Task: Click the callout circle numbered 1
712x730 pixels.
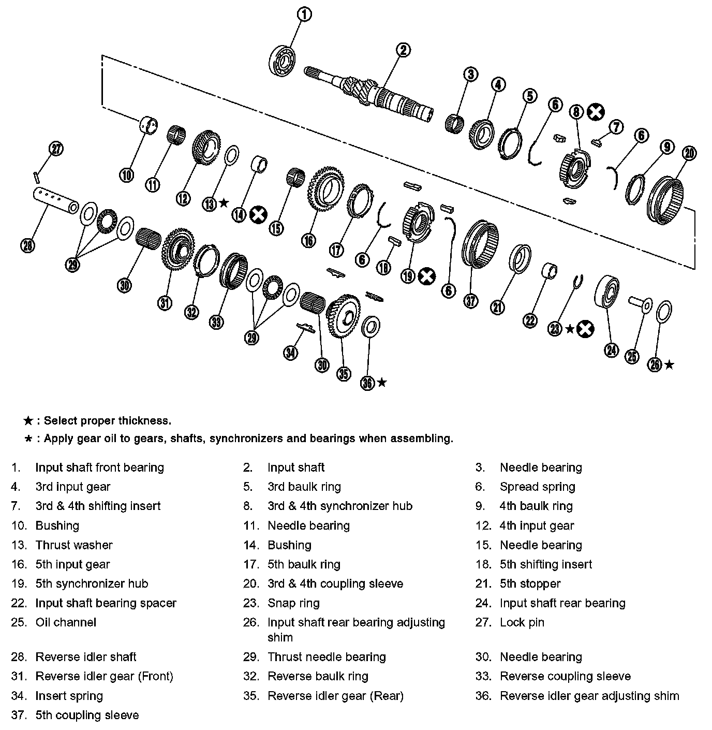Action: pyautogui.click(x=305, y=14)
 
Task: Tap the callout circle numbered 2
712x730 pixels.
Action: pyautogui.click(x=403, y=50)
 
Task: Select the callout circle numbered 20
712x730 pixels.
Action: pyautogui.click(x=689, y=153)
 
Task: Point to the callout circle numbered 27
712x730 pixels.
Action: pyautogui.click(x=56, y=149)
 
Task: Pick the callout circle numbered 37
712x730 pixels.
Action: pyautogui.click(x=471, y=300)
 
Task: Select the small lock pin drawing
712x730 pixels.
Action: pyautogui.click(x=36, y=176)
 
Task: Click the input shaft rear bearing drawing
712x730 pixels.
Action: pyautogui.click(x=606, y=292)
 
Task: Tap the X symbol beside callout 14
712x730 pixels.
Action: pyautogui.click(x=258, y=214)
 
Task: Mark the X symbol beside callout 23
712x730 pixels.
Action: pyautogui.click(x=585, y=328)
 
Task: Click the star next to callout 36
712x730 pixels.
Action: pyautogui.click(x=382, y=383)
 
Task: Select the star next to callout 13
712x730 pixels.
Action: pyautogui.click(x=224, y=203)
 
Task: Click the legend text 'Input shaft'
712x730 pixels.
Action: pyautogui.click(x=296, y=468)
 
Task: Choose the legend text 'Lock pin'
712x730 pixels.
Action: pyautogui.click(x=522, y=622)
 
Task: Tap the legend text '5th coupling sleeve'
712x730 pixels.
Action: pyautogui.click(x=87, y=715)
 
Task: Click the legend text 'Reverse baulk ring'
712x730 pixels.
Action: pyautogui.click(x=318, y=676)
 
